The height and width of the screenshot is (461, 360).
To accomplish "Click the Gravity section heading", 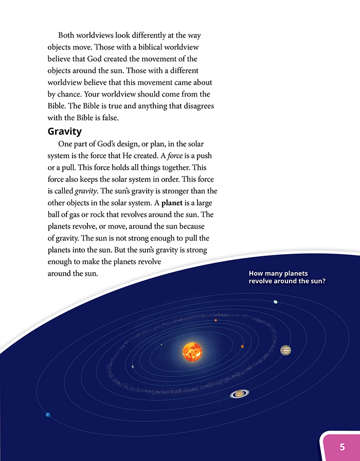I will coord(66,131).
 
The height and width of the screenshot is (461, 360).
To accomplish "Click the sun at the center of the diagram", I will coord(193,351).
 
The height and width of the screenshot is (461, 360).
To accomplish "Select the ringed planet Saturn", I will coord(239,394).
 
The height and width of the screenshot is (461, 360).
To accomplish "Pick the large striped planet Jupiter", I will coord(285,350).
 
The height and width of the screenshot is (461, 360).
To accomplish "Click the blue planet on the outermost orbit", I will coord(48,415).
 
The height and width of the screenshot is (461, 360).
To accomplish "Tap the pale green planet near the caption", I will coord(276,302).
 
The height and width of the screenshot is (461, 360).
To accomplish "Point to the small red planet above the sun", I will coord(216,320).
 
